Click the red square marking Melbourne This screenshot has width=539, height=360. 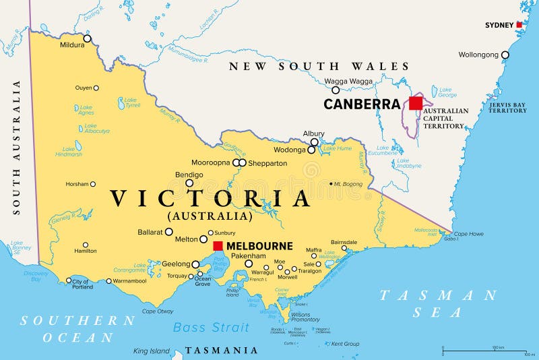pyautogui.click(x=218, y=246)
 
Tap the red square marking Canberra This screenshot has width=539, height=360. pyautogui.click(x=416, y=103)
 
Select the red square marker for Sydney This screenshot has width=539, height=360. pyautogui.click(x=519, y=25)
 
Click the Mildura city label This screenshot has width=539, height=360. pyautogui.click(x=73, y=46)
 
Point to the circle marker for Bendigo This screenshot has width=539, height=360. pyautogui.click(x=189, y=183)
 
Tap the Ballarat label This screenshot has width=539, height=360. pyautogui.click(x=150, y=232)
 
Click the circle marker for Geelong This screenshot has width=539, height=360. pyautogui.click(x=195, y=265)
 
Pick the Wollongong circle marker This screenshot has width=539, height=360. pyautogui.click(x=505, y=55)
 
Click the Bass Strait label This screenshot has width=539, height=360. pyautogui.click(x=211, y=328)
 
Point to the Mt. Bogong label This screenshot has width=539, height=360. pyautogui.click(x=349, y=183)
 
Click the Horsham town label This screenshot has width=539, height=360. pyautogui.click(x=76, y=184)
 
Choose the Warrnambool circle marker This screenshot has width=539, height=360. pyautogui.click(x=109, y=281)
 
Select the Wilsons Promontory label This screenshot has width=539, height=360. pyautogui.click(x=305, y=317)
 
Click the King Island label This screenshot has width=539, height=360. pyautogui.click(x=152, y=351)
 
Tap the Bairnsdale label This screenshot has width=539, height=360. pyautogui.click(x=344, y=242)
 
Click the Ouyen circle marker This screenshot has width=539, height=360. pyautogui.click(x=96, y=88)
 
